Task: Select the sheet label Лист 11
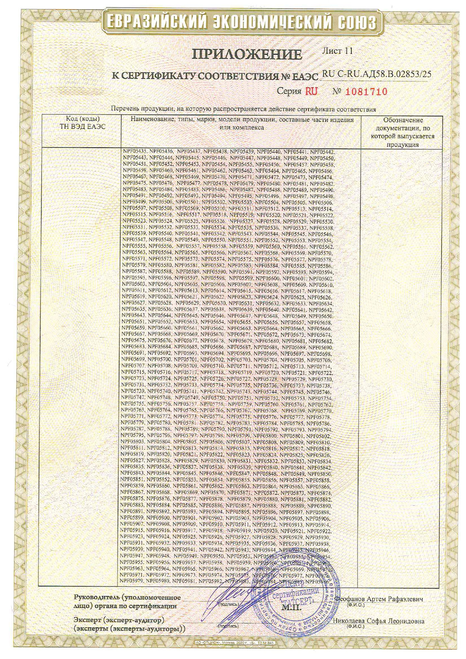tap(337, 51)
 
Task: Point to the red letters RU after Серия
tap(311, 91)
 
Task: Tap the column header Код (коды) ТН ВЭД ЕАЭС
tap(83, 123)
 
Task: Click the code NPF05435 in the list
tap(135, 152)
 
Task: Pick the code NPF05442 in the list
tap(322, 152)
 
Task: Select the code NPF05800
tap(266, 436)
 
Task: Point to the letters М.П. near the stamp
tap(292, 607)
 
